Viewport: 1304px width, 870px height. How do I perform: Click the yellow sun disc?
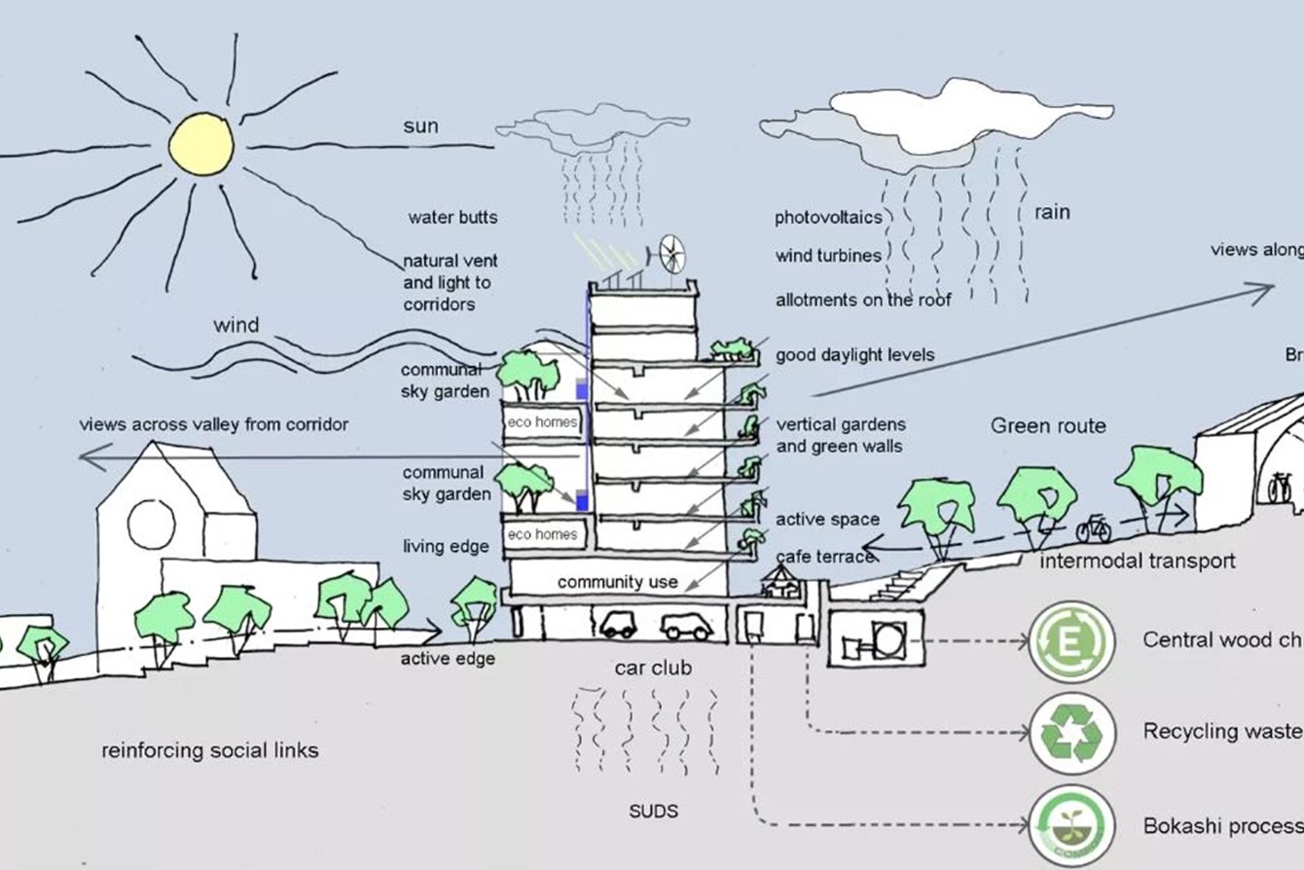pos(201,144)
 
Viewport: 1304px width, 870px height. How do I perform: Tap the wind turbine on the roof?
pos(671,254)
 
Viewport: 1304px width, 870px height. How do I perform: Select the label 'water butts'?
pos(453,217)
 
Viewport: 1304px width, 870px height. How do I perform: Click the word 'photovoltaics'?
pos(828,217)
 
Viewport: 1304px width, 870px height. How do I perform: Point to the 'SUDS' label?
pos(653,811)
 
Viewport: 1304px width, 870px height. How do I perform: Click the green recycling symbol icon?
pos(1071,732)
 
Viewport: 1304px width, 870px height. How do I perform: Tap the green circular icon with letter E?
pos(1071,641)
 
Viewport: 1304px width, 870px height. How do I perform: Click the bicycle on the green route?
pos(1094,528)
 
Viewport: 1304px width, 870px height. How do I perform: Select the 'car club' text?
pos(653,669)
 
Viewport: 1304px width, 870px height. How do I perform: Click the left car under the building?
pos(618,625)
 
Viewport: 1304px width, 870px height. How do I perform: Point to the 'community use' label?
pos(617,582)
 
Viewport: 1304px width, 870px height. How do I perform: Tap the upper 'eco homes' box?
pos(543,422)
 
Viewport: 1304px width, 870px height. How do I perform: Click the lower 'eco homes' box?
pos(543,534)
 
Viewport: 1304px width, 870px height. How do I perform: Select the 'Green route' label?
pos(1048,425)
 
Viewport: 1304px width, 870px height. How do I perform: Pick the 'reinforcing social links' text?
pos(210,750)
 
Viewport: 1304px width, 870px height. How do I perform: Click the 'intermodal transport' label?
pos(1138,562)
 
